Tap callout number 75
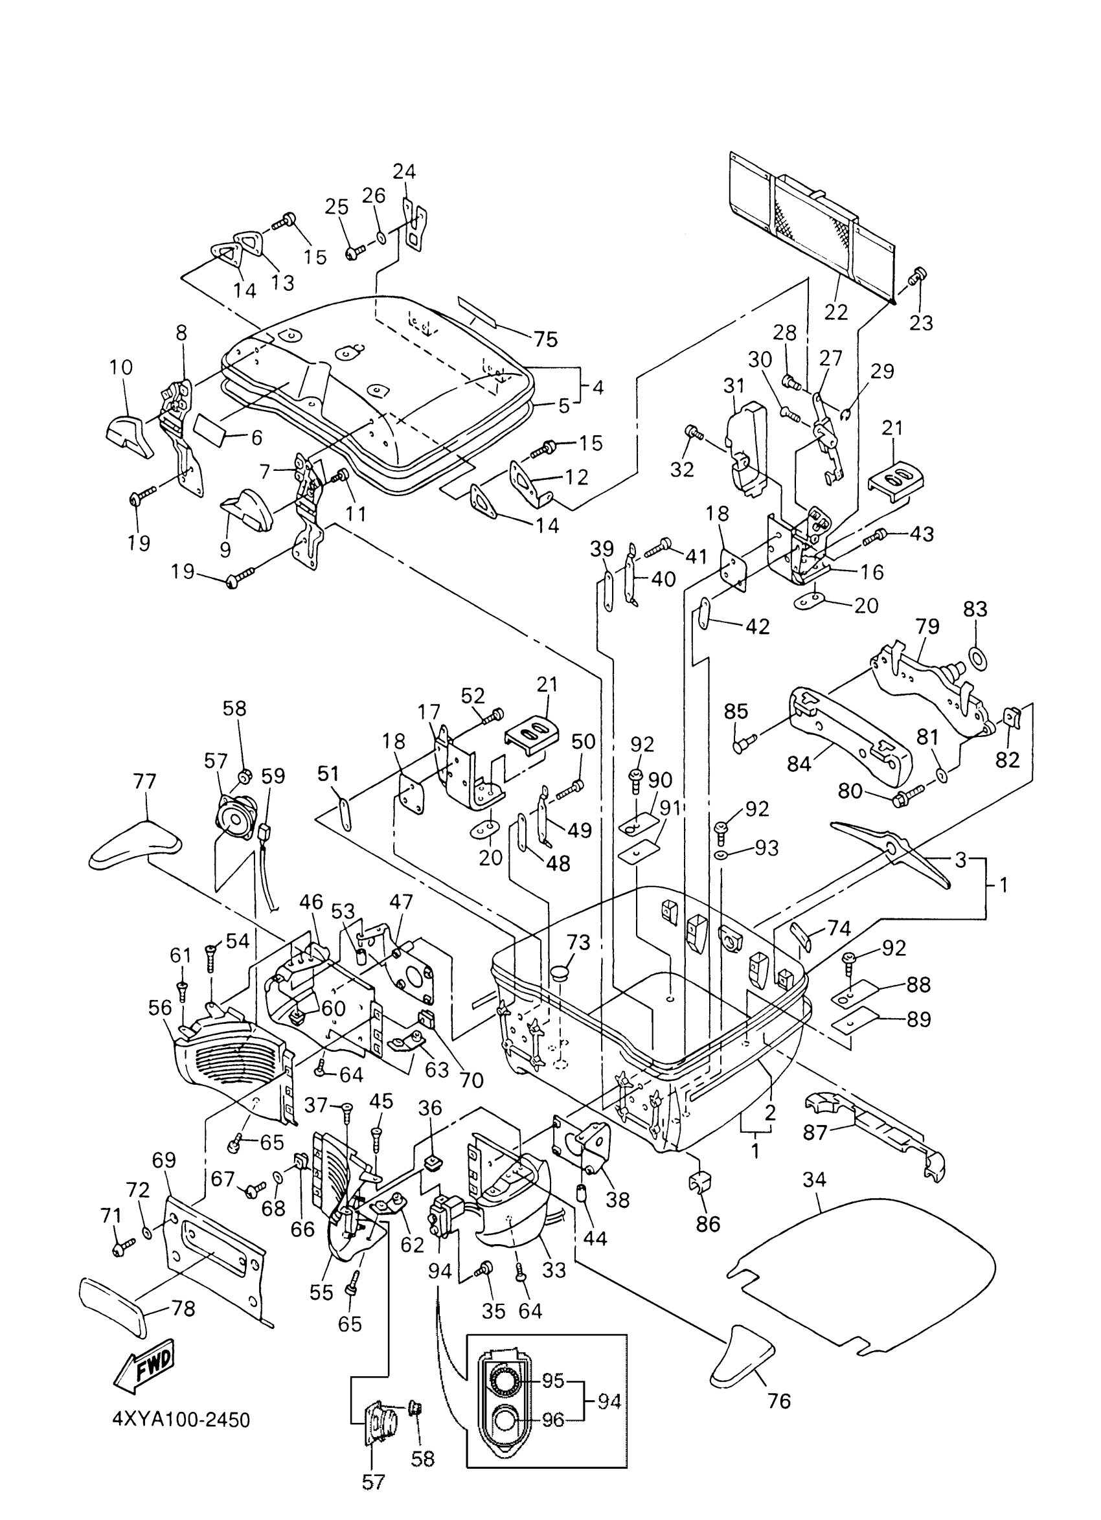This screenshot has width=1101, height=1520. coord(545,340)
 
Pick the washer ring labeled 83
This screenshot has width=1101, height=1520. coord(977,658)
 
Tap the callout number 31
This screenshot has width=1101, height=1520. coord(734,386)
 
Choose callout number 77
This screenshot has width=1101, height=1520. coord(144,782)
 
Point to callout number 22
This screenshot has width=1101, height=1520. coord(835,312)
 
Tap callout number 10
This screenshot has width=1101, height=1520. coord(121,367)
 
